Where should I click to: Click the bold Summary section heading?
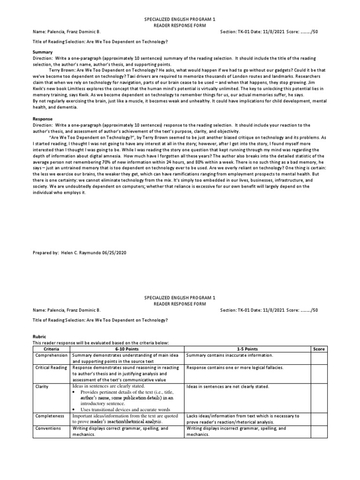pyautogui.click(x=42, y=52)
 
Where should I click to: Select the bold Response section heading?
pyautogui.click(x=43, y=119)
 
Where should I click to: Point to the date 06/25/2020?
pyautogui.click(x=115, y=253)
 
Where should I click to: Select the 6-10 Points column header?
pyautogui.click(x=127, y=349)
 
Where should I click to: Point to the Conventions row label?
pyautogui.click(x=48, y=428)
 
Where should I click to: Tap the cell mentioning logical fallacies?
pyautogui.click(x=235, y=368)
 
